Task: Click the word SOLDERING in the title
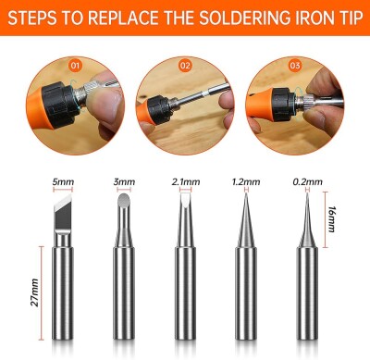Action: [244, 18]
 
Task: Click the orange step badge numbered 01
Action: [75, 66]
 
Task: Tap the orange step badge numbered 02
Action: [185, 66]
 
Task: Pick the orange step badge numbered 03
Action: [295, 66]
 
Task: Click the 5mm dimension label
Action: [63, 181]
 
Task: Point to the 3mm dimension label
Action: [124, 181]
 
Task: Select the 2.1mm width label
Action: [186, 182]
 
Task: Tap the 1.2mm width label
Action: [246, 182]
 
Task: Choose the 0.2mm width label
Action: [307, 182]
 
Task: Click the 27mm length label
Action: [34, 292]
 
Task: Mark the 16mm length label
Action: [332, 219]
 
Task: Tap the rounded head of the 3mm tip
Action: [124, 202]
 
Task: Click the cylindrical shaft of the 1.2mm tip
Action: [246, 293]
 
